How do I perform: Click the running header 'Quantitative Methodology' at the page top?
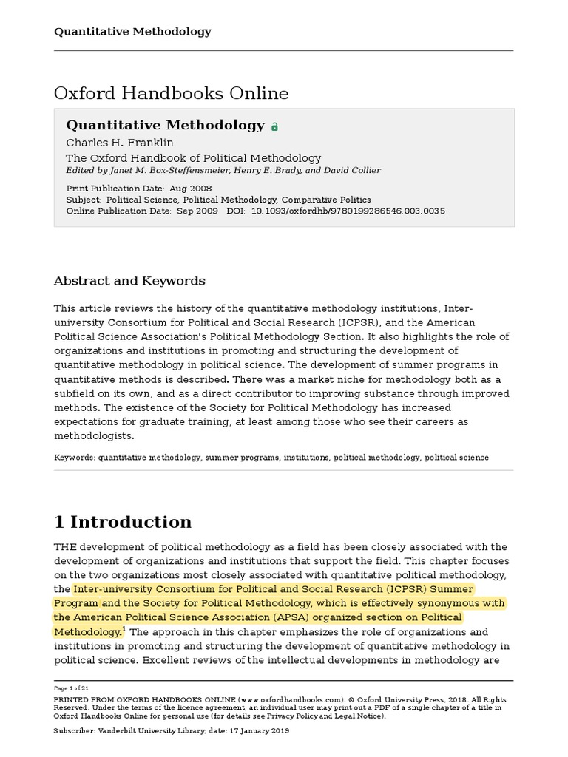pos(132,31)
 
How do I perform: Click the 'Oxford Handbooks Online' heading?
pos(171,93)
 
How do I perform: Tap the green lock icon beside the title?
pos(274,126)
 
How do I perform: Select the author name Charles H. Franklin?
pos(120,143)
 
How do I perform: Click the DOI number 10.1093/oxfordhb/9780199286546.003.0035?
pos(348,211)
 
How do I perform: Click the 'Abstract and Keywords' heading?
pos(129,281)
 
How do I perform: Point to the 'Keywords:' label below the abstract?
pos(75,458)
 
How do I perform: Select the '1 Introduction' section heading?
pos(123,522)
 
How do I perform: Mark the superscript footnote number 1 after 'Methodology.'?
pos(125,629)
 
